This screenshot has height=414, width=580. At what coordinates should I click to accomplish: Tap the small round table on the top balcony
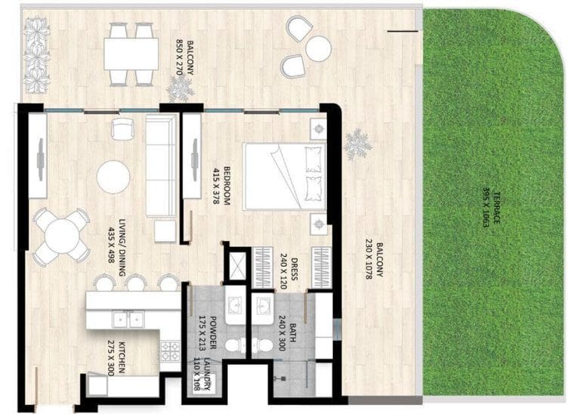[x=319, y=49]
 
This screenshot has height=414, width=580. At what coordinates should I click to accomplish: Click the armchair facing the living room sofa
[x=122, y=129]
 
